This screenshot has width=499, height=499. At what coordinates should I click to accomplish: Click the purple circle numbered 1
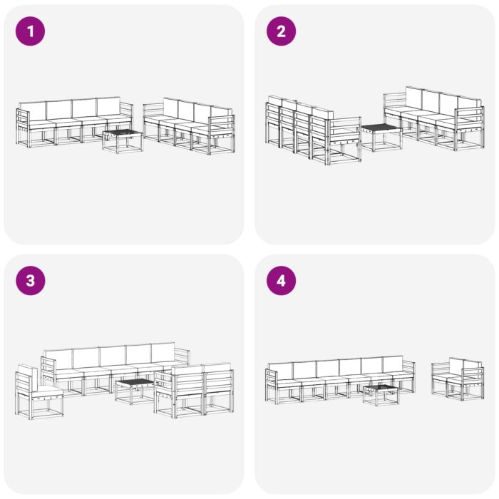[30, 31]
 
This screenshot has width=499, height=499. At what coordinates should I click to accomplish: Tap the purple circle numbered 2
[281, 31]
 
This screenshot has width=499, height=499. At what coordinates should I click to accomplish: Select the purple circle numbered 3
[30, 280]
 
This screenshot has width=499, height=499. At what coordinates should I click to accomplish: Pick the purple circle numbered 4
[281, 280]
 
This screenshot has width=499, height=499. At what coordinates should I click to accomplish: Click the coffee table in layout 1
[123, 139]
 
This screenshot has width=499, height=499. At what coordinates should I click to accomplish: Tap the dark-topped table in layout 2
[380, 135]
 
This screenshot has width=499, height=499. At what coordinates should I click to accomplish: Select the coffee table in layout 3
[135, 391]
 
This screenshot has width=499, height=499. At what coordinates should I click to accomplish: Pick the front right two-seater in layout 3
[194, 391]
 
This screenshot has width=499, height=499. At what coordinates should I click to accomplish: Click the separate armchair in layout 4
[457, 378]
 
